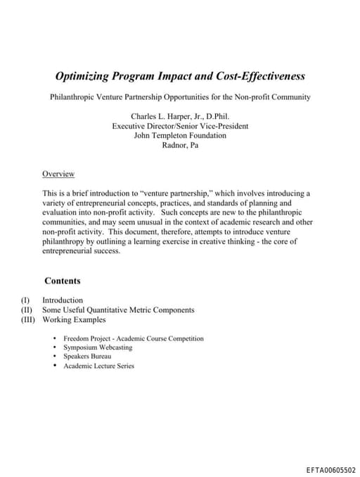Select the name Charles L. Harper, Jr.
pos(167,116)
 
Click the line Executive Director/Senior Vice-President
pos(180,126)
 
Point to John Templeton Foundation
pos(180,135)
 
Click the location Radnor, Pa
pos(180,145)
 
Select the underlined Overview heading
pos(58,174)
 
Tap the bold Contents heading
pos(62,281)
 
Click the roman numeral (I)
pos(27,300)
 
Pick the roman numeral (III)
pos(27,319)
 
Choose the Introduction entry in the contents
pos(63,300)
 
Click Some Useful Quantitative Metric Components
pos(118,310)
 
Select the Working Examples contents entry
pos(74,319)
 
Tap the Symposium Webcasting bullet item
pos(97,348)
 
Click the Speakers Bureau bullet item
pos(87,357)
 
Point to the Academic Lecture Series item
pos(98,366)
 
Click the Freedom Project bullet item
pos(133,338)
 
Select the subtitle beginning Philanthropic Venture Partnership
pos(180,96)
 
